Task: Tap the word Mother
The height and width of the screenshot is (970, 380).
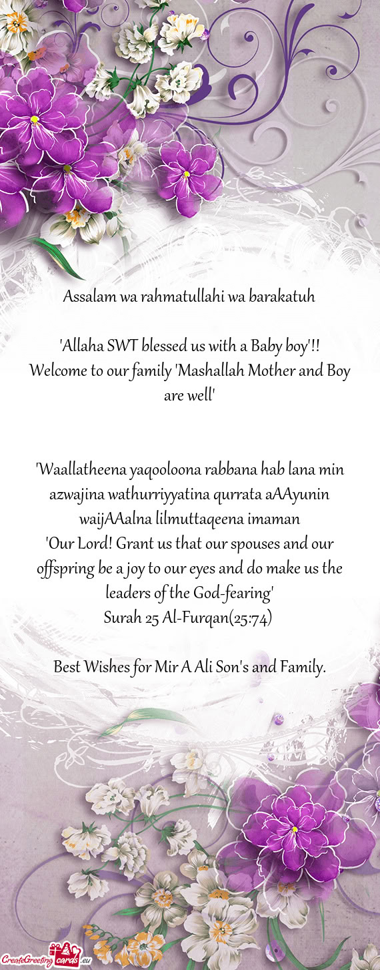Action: [x=274, y=371]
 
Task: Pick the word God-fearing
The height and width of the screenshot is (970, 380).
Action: [x=237, y=593]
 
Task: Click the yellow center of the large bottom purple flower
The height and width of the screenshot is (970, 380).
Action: [x=294, y=829]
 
